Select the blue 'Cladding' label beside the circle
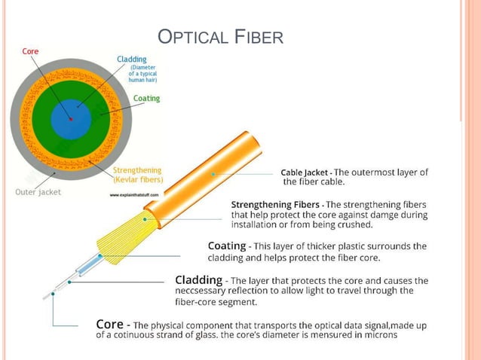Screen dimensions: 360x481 (x=132, y=59)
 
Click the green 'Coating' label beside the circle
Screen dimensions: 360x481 (x=146, y=99)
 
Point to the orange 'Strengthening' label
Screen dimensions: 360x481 (x=136, y=170)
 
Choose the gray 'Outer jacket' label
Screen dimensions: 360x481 (x=37, y=191)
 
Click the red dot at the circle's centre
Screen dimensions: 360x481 (x=71, y=118)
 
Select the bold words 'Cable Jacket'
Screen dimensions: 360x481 (x=304, y=172)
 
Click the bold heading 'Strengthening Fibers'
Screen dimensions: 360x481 (x=276, y=205)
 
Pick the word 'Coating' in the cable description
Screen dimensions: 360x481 (x=227, y=246)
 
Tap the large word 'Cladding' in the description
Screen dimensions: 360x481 (x=200, y=280)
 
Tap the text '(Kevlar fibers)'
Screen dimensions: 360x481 (x=137, y=180)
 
